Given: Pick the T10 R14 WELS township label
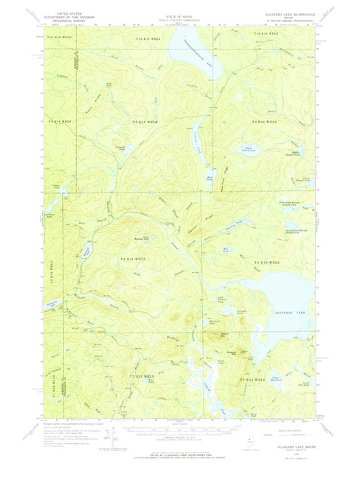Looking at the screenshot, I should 264,35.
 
